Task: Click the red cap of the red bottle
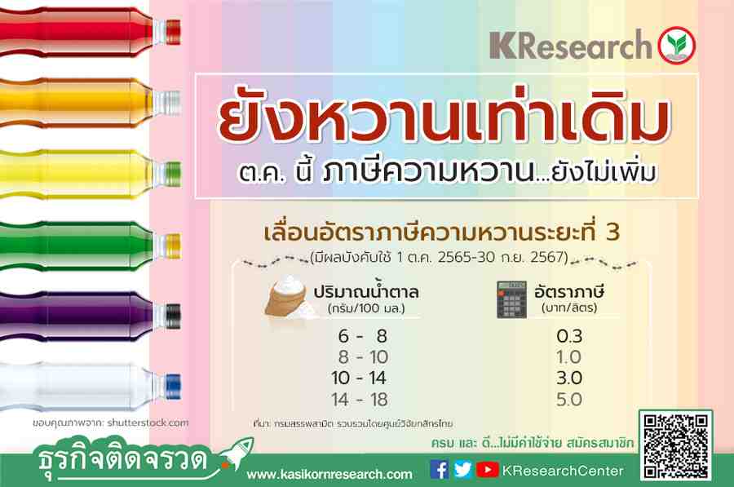coord(173,33)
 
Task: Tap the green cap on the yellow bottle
coord(173,174)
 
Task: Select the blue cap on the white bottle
coord(173,387)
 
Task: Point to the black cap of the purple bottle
coord(173,316)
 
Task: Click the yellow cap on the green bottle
coord(173,246)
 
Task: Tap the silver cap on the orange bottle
coord(173,103)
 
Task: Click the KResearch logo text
coord(571,45)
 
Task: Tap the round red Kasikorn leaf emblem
coord(676,46)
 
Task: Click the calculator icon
coord(511,299)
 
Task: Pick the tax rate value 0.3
coord(569,336)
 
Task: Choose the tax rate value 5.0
coord(569,400)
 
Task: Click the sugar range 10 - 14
coord(359,378)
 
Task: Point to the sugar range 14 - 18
coord(359,400)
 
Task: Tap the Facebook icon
coord(439,469)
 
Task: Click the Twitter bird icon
coord(463,469)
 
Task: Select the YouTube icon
coord(488,469)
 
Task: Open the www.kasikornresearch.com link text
coord(329,475)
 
